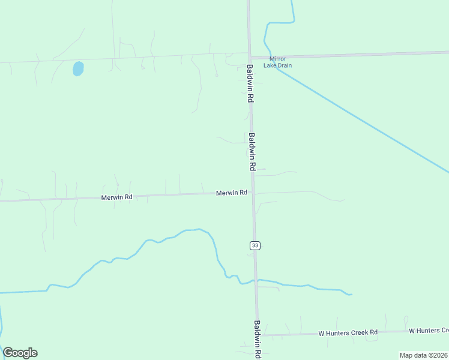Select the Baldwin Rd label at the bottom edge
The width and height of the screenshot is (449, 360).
click(258, 340)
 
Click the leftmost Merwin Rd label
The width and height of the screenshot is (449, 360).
click(116, 197)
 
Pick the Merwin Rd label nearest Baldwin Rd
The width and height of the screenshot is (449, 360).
click(232, 193)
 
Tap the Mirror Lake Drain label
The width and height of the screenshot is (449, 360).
click(277, 62)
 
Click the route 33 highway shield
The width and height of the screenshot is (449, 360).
click(255, 245)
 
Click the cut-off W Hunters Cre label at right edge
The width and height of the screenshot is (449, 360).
click(429, 331)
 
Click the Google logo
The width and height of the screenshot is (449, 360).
click(20, 353)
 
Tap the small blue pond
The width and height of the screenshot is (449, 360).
click(78, 68)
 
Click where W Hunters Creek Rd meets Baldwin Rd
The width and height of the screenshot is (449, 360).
click(259, 334)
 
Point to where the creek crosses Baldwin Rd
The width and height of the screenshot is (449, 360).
click(256, 280)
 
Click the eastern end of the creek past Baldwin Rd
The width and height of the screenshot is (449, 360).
click(350, 294)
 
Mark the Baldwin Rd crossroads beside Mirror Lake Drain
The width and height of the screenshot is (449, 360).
click(249, 58)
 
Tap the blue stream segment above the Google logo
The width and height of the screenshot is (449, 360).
click(1, 318)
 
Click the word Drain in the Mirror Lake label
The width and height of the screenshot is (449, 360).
click(283, 65)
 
